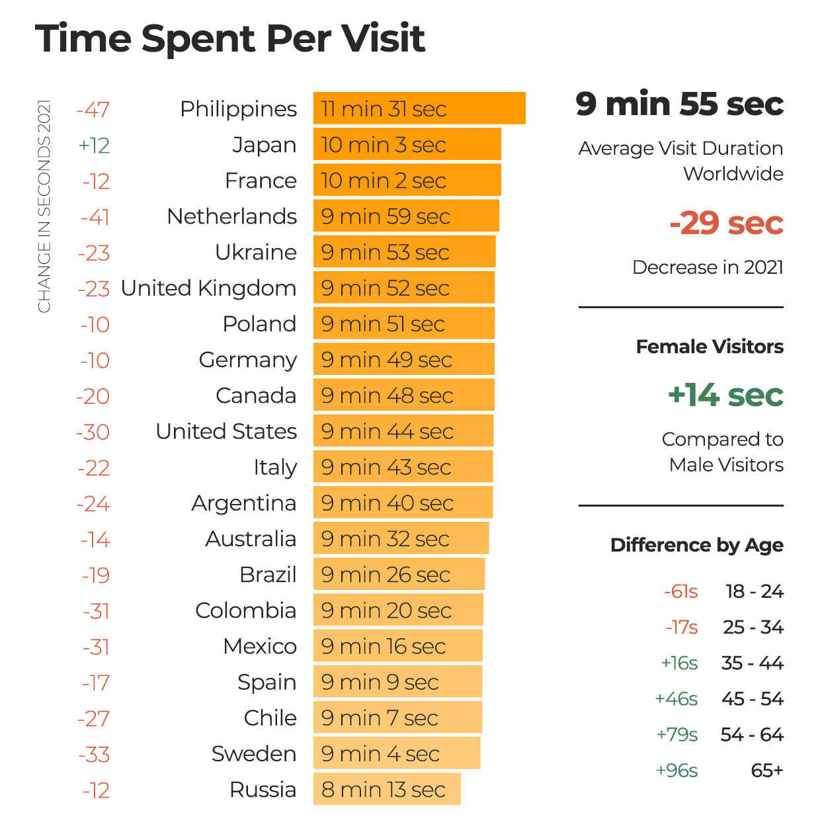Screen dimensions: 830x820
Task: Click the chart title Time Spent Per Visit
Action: (x=229, y=38)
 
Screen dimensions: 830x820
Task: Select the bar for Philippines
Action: (x=419, y=108)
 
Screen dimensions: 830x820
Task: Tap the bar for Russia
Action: (x=387, y=789)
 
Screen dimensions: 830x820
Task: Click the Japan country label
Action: (x=265, y=145)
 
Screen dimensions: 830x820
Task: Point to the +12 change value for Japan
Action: (x=94, y=145)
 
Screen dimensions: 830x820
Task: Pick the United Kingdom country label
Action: (x=208, y=288)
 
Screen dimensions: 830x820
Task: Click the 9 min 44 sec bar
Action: (x=403, y=431)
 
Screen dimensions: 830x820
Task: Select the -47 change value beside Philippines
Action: (x=93, y=110)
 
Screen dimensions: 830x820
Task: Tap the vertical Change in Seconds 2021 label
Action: (x=44, y=206)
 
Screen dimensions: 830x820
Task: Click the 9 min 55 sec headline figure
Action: (x=679, y=104)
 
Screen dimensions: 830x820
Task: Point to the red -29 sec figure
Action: (x=726, y=224)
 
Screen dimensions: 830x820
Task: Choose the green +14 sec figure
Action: (x=725, y=395)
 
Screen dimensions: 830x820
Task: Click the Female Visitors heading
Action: (x=710, y=347)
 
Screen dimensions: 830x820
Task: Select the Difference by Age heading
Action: (x=696, y=545)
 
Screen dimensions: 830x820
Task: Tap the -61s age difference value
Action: (x=680, y=591)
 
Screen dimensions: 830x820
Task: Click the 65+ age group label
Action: (x=767, y=770)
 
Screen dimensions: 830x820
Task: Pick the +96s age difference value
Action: (x=676, y=770)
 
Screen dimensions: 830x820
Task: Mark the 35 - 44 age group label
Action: (x=752, y=663)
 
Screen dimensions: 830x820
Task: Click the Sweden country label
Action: (x=254, y=754)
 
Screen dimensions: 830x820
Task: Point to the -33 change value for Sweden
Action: (x=94, y=755)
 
